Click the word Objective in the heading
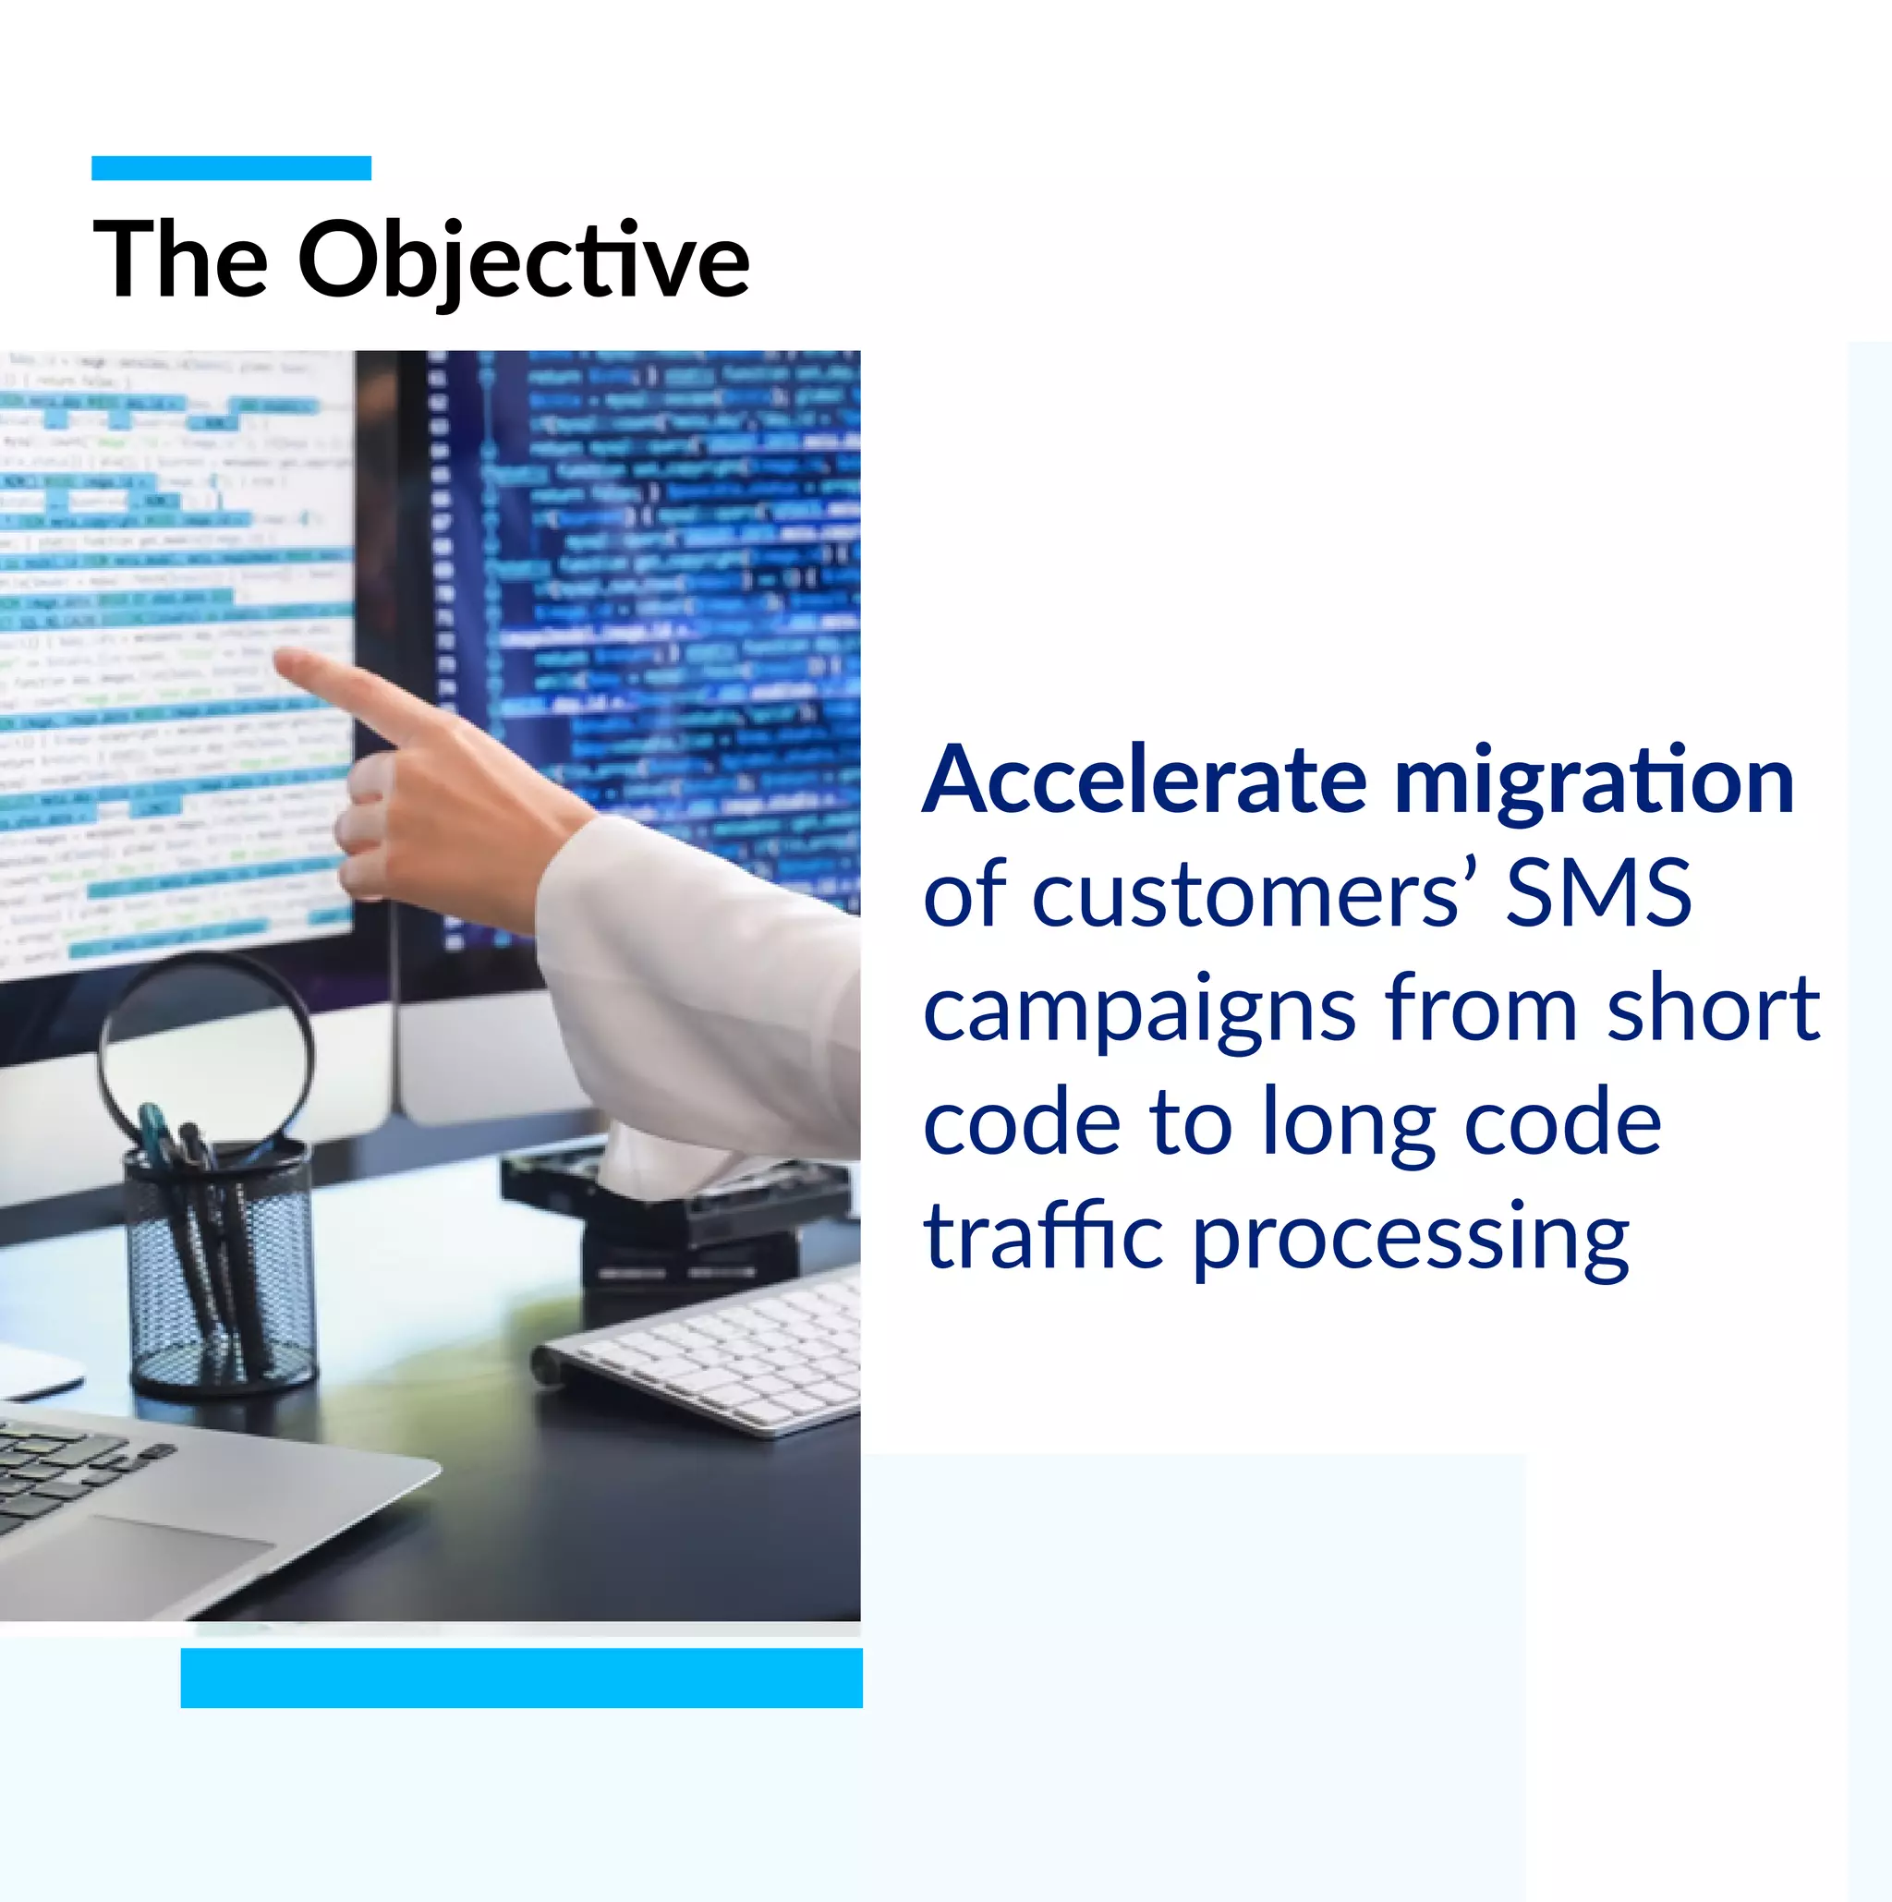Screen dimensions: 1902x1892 523,259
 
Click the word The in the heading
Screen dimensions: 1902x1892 180,259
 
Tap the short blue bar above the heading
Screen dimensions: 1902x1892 231,168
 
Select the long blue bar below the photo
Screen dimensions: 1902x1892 521,1678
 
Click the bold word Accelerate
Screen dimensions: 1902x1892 1144,781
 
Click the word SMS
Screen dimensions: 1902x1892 1597,893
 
